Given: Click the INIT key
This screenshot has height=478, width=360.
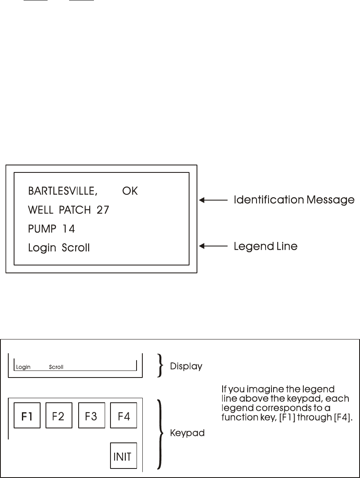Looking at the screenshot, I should click(123, 456).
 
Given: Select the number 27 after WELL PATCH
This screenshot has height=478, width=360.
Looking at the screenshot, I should click(101, 210).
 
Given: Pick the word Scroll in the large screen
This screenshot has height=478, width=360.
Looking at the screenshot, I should click(76, 248).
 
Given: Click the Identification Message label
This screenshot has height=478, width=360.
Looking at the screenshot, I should click(294, 200).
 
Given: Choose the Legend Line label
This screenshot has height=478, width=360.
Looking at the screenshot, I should click(265, 246).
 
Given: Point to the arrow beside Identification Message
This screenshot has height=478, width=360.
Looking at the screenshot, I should click(214, 200).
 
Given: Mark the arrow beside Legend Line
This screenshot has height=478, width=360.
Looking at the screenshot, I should click(214, 246).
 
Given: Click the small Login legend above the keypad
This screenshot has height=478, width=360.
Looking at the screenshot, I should click(24, 367).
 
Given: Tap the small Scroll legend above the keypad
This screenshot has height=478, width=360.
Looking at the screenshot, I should click(56, 367).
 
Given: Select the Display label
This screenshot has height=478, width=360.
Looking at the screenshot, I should click(186, 366).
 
